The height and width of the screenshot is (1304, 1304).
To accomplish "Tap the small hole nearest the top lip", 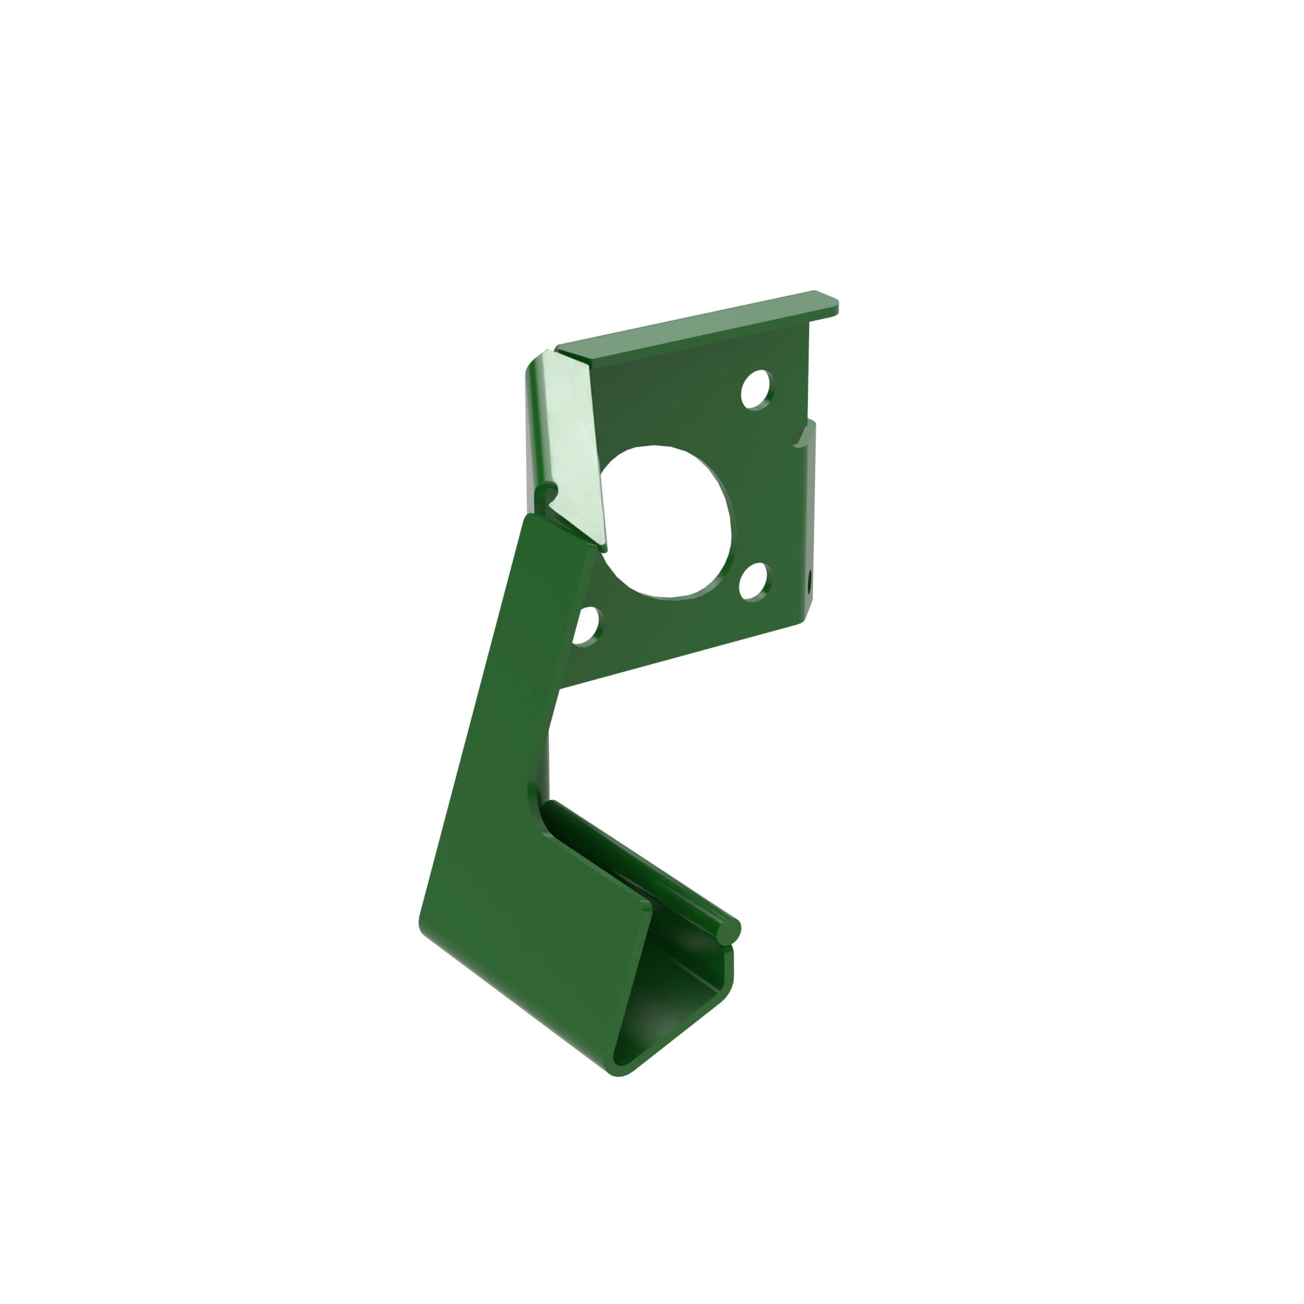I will [755, 389].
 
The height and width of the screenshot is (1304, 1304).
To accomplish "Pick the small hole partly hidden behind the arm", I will [587, 627].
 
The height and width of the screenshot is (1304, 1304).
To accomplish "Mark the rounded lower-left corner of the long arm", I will [425, 928].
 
